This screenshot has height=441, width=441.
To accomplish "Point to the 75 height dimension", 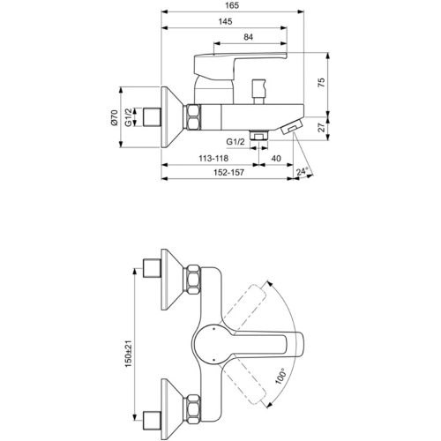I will pos(323,84).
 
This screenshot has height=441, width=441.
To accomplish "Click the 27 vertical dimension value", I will pos(323,127).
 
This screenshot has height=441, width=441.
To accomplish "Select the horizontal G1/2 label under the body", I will pos(235,140).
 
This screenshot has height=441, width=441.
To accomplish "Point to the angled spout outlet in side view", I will pos(288,130).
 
